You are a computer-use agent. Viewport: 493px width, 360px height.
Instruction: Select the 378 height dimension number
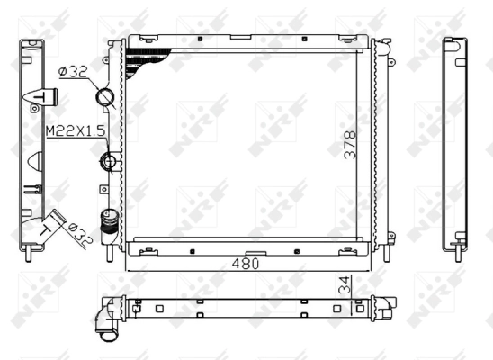tap(349, 145)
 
